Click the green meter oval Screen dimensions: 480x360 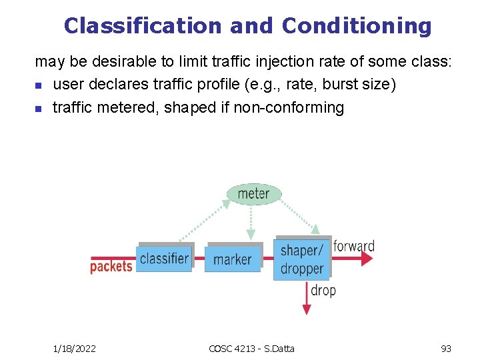pos(254,194)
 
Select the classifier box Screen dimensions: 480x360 pos(164,259)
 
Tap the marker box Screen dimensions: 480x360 pos(233,259)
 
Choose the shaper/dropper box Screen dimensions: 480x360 pos(302,259)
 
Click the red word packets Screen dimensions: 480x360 pos(111,267)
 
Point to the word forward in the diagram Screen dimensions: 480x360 pos(354,246)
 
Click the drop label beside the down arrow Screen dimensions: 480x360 pos(323,290)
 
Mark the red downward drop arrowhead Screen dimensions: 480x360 pos(307,308)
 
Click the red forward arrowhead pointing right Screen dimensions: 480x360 pos(367,259)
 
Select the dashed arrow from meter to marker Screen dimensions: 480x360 pos(251,220)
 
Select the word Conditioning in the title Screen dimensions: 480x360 pos(356,25)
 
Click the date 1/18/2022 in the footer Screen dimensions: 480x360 pos(75,348)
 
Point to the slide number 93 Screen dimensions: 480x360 pos(446,348)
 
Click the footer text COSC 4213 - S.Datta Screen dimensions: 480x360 pos(251,348)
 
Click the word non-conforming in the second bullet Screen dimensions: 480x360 pos(289,107)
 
